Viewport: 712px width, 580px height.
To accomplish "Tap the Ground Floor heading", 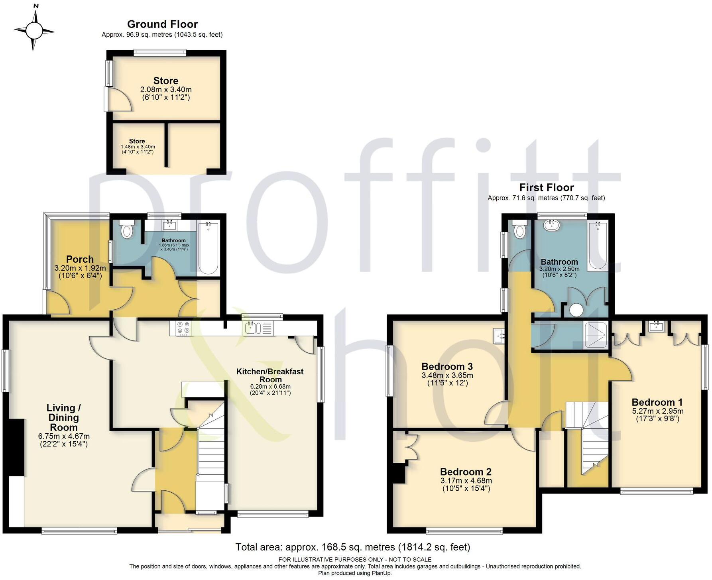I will [162, 24].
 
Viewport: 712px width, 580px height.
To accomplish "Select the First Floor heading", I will [546, 188].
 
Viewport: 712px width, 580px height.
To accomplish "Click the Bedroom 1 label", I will [657, 402].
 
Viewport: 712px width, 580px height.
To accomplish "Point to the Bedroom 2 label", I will [466, 472].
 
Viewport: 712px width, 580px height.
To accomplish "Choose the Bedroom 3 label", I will [447, 366].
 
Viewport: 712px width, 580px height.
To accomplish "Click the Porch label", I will [80, 260].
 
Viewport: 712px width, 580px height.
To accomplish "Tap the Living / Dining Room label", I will [63, 417].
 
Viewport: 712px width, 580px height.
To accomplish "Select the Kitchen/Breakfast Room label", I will [270, 376].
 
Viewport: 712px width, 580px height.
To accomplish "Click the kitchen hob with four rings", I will [183, 328].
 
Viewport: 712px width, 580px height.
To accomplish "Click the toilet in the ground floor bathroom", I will [127, 230].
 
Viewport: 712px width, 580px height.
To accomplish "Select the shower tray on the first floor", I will [596, 336].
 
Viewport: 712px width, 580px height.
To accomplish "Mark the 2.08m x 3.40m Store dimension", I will [165, 90].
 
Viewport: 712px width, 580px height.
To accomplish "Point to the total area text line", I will [352, 547].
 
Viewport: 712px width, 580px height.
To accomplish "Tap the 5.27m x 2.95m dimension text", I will [657, 411].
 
